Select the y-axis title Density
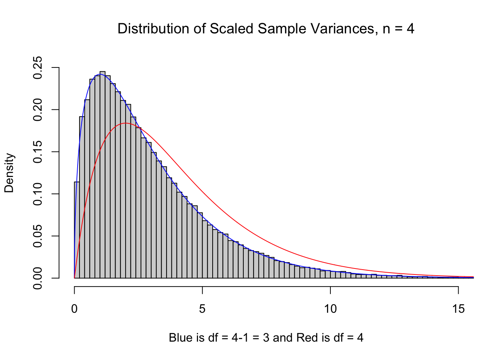[x=9, y=173]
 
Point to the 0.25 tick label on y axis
[x=38, y=68]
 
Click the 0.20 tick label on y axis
[x=38, y=110]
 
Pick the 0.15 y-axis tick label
[x=38, y=152]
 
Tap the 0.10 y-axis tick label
[x=38, y=194]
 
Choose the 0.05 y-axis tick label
[x=38, y=236]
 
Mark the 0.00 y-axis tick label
[x=38, y=278]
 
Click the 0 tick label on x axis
[x=75, y=309]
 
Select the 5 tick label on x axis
[x=202, y=309]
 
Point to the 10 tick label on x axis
[x=330, y=309]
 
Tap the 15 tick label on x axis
[x=458, y=309]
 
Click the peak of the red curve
[x=126, y=123]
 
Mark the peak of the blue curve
[x=100, y=74]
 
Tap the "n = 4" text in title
[x=398, y=29]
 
